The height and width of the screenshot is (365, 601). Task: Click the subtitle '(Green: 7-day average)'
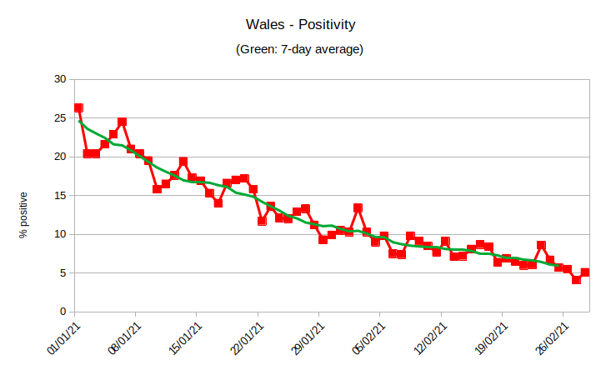pyautogui.click(x=300, y=50)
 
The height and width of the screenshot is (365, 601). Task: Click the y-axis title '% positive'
pyautogui.click(x=24, y=216)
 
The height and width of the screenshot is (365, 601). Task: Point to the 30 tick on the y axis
pyautogui.click(x=58, y=79)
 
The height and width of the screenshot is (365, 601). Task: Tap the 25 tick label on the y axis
pyautogui.click(x=58, y=118)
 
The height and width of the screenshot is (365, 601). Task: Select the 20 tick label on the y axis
pyautogui.click(x=58, y=157)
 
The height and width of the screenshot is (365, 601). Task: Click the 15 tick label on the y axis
pyautogui.click(x=58, y=196)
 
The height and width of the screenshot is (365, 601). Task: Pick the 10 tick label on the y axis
pyautogui.click(x=58, y=234)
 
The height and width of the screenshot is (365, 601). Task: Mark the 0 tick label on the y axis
pyautogui.click(x=62, y=312)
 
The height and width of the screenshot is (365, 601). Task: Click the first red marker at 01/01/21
pyautogui.click(x=78, y=107)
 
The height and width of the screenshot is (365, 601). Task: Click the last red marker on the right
pyautogui.click(x=585, y=272)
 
